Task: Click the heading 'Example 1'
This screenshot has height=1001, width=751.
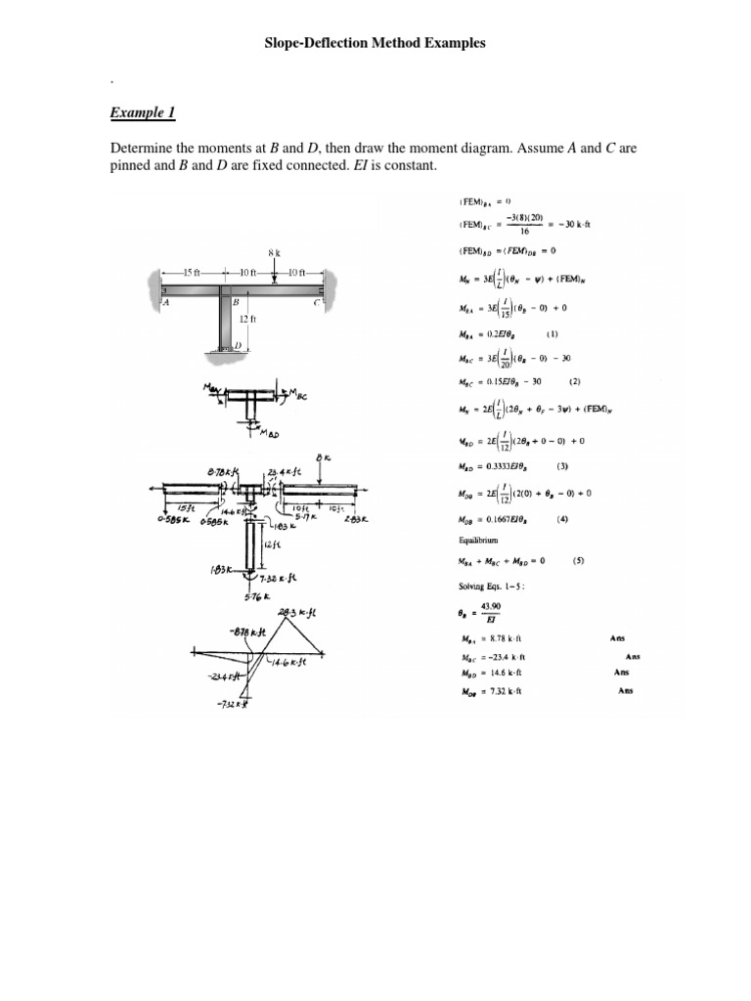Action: tap(143, 113)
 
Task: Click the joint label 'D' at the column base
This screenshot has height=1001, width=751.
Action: tap(238, 346)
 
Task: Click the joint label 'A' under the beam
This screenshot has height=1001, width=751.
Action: tap(166, 303)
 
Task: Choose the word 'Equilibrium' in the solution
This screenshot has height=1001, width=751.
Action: tap(478, 540)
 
